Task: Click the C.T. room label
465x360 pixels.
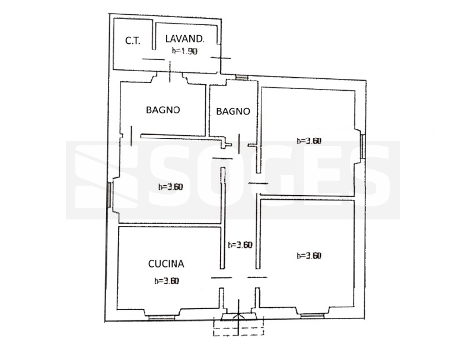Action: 133,40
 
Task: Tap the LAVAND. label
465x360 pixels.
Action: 184,39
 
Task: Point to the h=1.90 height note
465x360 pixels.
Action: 184,51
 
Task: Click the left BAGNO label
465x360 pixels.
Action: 163,110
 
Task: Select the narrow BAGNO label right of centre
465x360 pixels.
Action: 233,111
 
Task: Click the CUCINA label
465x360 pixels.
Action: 166,263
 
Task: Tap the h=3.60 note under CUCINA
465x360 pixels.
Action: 167,281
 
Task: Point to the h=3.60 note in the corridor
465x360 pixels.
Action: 240,245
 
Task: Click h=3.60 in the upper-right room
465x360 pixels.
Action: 309,141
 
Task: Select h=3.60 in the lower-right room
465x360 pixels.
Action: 309,255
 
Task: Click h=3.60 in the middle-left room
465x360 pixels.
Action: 171,187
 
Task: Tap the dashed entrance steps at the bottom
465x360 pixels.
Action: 238,328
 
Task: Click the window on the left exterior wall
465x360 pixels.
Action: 109,195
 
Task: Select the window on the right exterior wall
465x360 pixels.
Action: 363,146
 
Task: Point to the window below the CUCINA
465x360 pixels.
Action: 161,318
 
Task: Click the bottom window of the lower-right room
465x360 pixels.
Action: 312,316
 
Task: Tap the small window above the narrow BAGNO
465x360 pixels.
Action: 241,77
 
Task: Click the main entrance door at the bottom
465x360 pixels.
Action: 238,317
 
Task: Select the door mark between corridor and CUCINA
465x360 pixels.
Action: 221,278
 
